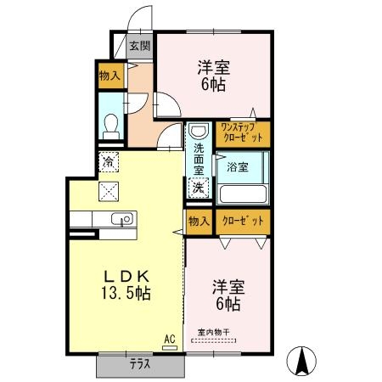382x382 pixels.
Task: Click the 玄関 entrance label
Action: click(139, 47)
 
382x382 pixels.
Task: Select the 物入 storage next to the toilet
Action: click(110, 76)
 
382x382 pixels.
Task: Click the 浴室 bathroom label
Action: click(238, 167)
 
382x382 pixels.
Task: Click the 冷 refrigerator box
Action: click(110, 159)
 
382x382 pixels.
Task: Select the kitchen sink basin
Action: click(123, 220)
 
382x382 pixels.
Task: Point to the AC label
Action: click(169, 340)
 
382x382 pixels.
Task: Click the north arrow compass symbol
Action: click(301, 360)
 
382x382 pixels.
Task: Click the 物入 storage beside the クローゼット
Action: click(197, 221)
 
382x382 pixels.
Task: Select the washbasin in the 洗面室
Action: click(198, 133)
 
